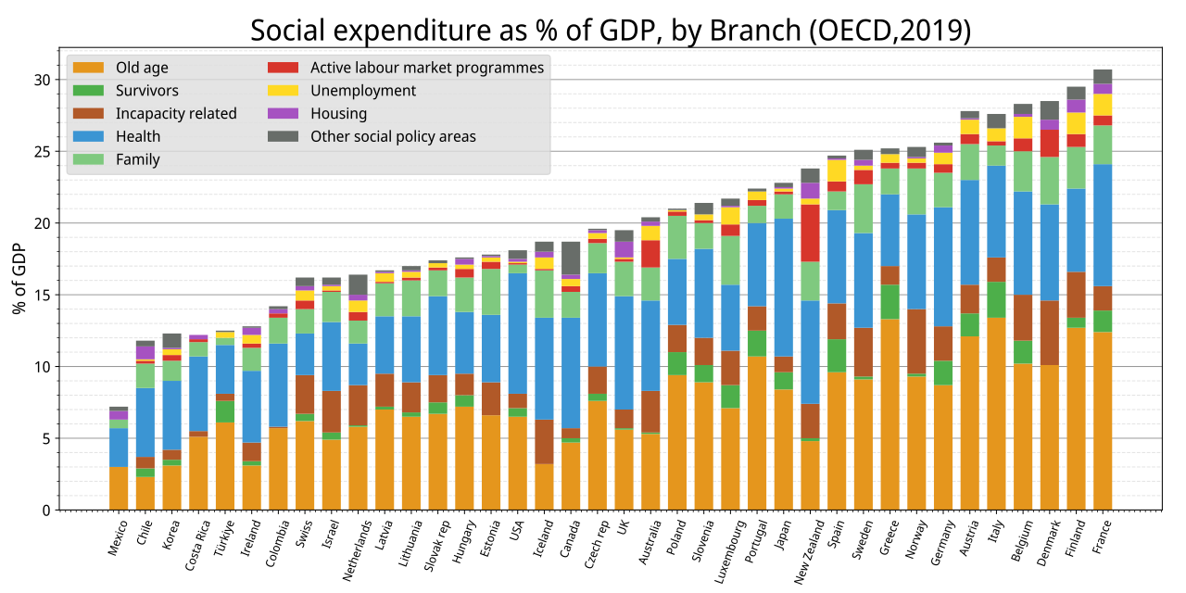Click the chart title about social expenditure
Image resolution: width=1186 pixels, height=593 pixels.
pyautogui.click(x=611, y=31)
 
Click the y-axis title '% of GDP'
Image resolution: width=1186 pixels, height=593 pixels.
pyautogui.click(x=19, y=279)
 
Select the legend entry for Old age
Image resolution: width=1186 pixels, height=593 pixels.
pyautogui.click(x=142, y=68)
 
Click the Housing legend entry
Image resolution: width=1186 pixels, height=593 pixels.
pyautogui.click(x=338, y=114)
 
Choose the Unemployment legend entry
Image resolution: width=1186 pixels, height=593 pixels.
pyautogui.click(x=362, y=91)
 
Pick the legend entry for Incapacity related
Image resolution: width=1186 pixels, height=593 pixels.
pyautogui.click(x=176, y=114)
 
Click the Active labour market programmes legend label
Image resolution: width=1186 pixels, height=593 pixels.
pyautogui.click(x=426, y=68)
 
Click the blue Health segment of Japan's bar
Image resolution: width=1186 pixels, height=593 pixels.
pyautogui.click(x=784, y=287)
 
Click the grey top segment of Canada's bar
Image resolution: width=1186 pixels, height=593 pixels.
pyautogui.click(x=570, y=258)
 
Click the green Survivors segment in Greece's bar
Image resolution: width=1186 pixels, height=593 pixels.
pyautogui.click(x=890, y=302)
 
